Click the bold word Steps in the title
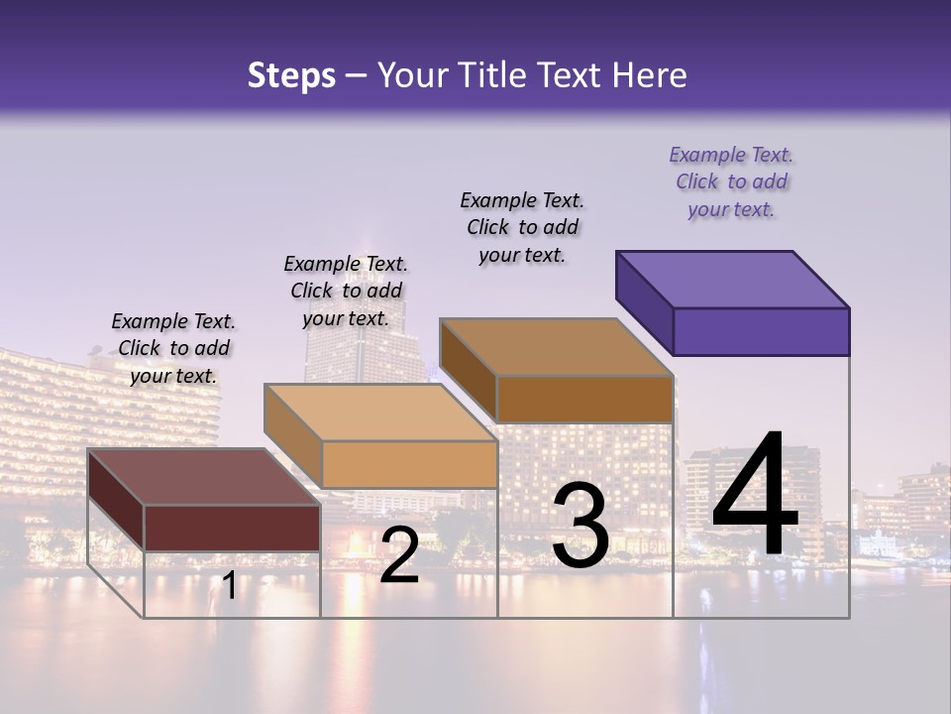click(x=291, y=75)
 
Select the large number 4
click(x=756, y=496)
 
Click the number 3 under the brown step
click(x=581, y=526)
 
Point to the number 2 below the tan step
click(x=399, y=556)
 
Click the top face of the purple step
click(x=733, y=280)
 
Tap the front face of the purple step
click(x=761, y=331)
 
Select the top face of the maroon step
click(x=204, y=477)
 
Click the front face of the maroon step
click(x=232, y=528)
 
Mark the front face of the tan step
click(x=409, y=464)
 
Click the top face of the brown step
click(x=557, y=347)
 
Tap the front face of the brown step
click(x=584, y=399)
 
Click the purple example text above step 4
click(x=731, y=182)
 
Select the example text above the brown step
click(x=522, y=227)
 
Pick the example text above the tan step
click(x=346, y=291)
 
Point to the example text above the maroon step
click(x=173, y=348)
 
